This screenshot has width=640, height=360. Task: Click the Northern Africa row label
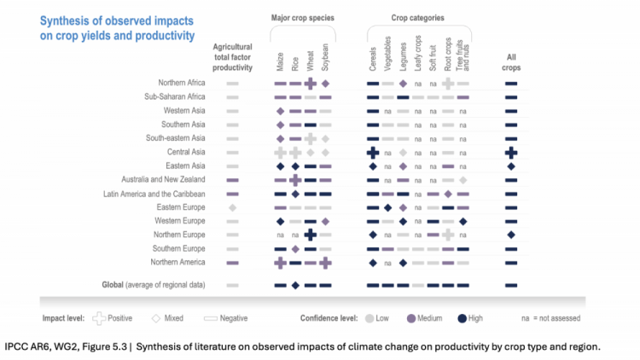pos(181,83)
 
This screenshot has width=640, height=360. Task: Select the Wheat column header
pos(311,61)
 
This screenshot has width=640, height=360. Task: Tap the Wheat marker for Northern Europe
pos(311,235)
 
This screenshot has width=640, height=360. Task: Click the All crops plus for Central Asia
pos(511,153)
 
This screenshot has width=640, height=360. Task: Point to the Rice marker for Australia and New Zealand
pos(295,180)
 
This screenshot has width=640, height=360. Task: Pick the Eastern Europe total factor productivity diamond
pos(232,208)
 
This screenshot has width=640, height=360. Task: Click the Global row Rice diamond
pos(295,285)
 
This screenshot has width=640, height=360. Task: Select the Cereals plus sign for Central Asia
pos(373,153)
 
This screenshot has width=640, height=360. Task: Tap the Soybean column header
pos(325,57)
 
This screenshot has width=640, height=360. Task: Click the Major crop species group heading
pos(302,18)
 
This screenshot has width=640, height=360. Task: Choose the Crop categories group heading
pos(417,18)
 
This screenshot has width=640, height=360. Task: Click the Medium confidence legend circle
pos(411,318)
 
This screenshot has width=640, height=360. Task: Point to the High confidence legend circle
pos(462,318)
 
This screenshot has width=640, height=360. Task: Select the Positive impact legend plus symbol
pos(99,318)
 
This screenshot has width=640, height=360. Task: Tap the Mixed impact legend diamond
pos(156,318)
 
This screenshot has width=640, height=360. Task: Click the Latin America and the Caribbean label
pos(154,194)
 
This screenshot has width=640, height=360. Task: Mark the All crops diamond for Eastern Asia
pos(511,166)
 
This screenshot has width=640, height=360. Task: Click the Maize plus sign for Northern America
pos(280,263)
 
